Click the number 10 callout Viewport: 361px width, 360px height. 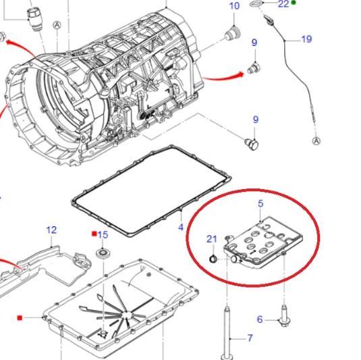pos(234,7)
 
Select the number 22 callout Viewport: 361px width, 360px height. pos(283,4)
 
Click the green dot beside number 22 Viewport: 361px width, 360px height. pos(294,3)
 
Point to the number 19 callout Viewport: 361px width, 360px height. pos(306,39)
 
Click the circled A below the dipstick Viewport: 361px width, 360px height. pos(316,140)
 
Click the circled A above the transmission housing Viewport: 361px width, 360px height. pos(57,26)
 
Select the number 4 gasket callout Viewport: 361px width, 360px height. pos(181,227)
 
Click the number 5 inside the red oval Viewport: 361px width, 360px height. pos(260,203)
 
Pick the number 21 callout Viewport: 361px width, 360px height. pos(211,238)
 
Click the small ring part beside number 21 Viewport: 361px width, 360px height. pos(212,259)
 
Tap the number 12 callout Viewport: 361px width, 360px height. pos(52,230)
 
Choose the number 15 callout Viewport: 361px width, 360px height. pos(103,235)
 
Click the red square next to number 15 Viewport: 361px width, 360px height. pos(94,234)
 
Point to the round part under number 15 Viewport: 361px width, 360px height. pos(103,254)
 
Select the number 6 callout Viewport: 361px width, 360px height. pos(260,319)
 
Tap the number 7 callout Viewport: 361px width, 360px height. pos(250,338)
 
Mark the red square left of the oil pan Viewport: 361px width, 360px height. pos(21,317)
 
